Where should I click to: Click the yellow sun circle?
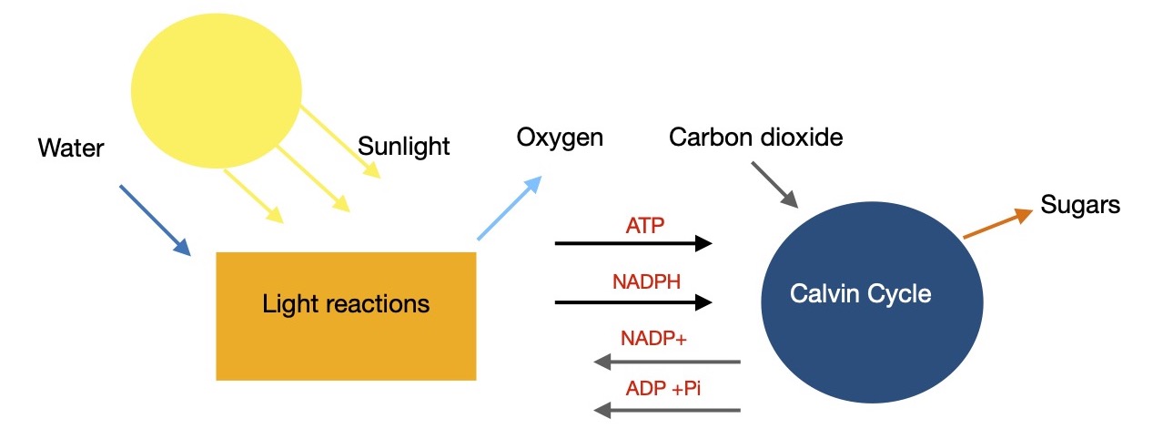tap(216, 88)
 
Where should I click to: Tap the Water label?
tap(71, 148)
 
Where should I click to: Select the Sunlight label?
tap(404, 147)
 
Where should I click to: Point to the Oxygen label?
tap(560, 138)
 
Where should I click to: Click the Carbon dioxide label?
tap(755, 138)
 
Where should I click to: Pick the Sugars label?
tap(1080, 205)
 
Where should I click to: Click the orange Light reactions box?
tap(346, 315)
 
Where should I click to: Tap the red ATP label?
tap(646, 223)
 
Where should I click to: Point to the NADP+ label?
tap(653, 338)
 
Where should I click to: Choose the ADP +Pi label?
tap(663, 388)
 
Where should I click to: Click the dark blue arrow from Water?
tap(155, 220)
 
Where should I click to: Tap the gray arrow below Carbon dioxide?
tap(774, 185)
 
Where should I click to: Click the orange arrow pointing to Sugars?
tap(997, 224)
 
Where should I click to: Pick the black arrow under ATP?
tap(632, 243)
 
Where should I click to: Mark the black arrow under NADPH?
tap(632, 301)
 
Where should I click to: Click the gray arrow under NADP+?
tap(666, 362)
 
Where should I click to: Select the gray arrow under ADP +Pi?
tap(666, 411)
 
